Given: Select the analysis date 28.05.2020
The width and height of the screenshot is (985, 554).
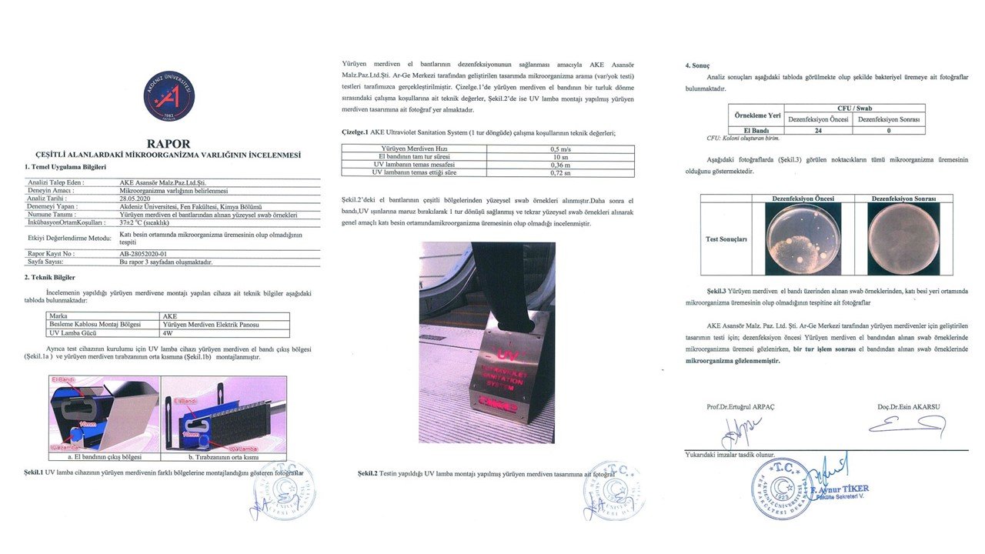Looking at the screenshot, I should [x=136, y=197].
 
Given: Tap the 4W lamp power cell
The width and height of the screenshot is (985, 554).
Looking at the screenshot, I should [x=167, y=332].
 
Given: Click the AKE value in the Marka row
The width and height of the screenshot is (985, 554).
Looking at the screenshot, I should [x=170, y=315].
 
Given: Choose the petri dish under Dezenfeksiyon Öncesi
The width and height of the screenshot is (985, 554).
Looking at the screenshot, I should [x=803, y=239].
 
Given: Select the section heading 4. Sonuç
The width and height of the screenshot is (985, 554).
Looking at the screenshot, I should [x=700, y=66].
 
